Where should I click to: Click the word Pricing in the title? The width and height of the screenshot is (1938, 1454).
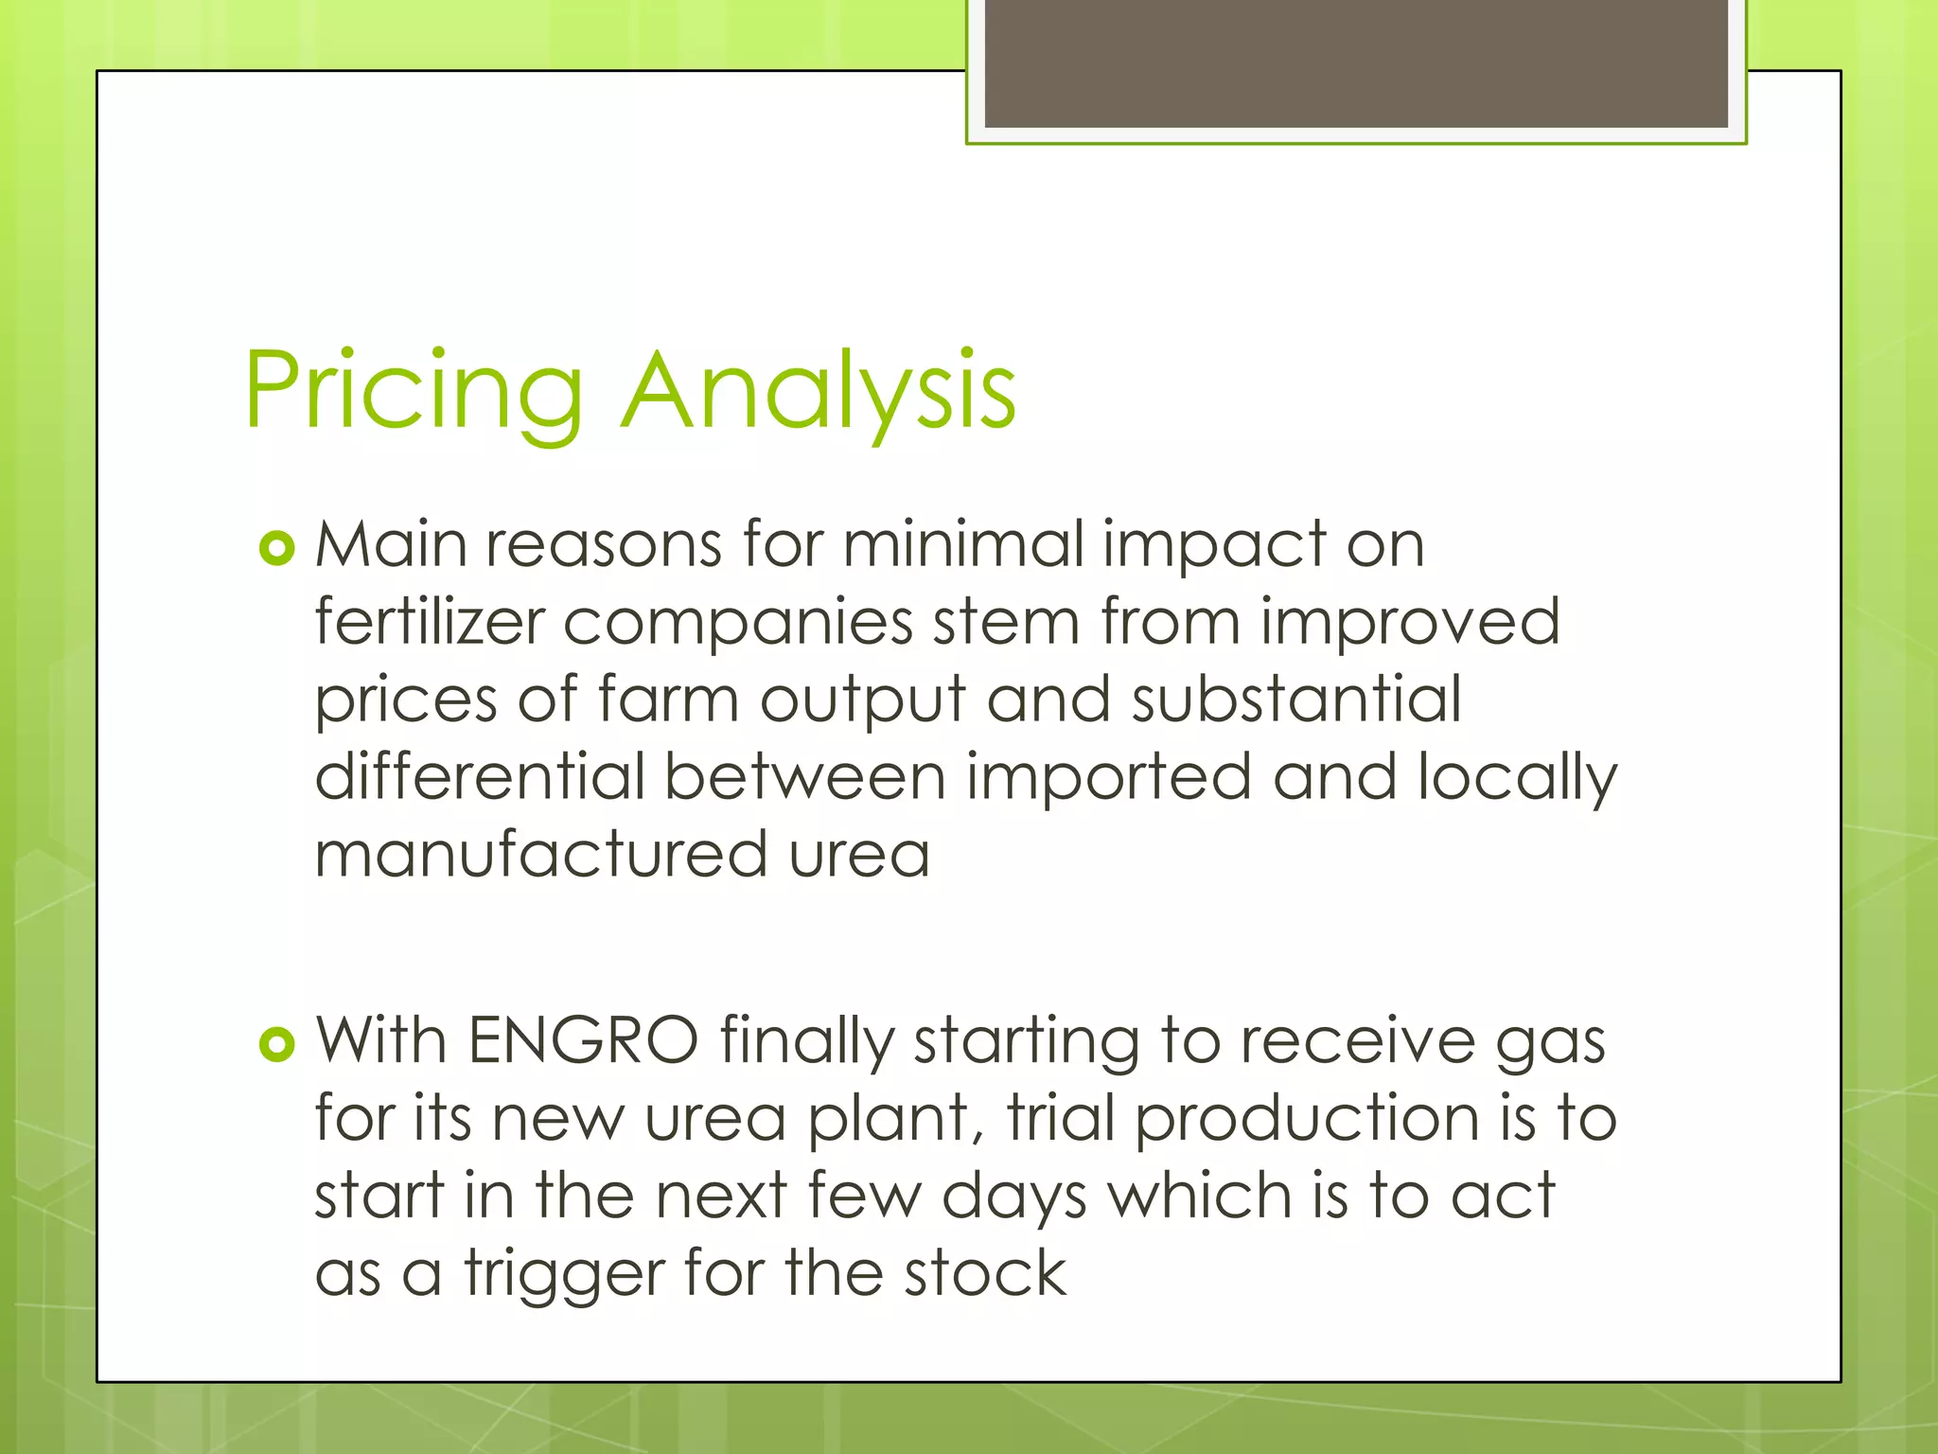414,390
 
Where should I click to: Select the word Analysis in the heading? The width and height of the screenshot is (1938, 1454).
819,390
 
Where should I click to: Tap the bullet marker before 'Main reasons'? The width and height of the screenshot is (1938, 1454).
277,548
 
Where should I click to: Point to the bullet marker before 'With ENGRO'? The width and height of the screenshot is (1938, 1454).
277,1044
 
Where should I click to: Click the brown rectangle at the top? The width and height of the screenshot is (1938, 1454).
1356,62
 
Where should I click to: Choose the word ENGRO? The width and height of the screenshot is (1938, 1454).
583,1040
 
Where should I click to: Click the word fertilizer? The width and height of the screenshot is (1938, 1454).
430,622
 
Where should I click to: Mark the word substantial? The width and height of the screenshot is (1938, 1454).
1296,700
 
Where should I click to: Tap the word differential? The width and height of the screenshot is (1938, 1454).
480,777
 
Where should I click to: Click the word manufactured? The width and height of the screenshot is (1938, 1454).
540,855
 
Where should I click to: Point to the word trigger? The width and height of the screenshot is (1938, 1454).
564,1275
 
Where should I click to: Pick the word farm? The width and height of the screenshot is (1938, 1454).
668,700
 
